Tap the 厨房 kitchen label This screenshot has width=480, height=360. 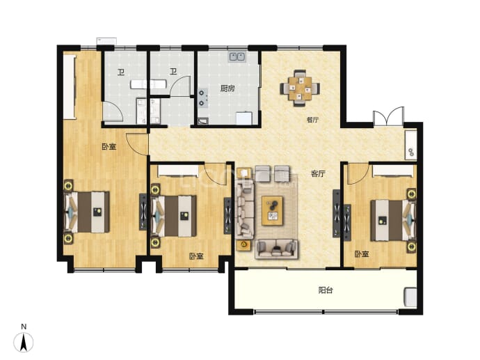[227, 89]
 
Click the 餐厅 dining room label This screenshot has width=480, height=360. [312, 120]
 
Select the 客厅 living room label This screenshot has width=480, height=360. [318, 174]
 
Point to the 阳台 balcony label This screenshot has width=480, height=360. [326, 290]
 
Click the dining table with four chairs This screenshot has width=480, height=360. [300, 88]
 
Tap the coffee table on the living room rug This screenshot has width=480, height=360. [272, 211]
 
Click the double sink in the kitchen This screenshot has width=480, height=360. [237, 56]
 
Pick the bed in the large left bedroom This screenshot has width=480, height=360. [87, 212]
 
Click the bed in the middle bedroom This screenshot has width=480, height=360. [174, 216]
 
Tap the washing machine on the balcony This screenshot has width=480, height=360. [410, 297]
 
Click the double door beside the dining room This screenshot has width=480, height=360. [388, 116]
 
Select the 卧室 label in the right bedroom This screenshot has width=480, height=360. [362, 254]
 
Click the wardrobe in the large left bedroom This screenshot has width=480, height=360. [70, 87]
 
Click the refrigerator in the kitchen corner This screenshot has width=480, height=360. [243, 118]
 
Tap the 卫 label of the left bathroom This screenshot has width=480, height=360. [121, 73]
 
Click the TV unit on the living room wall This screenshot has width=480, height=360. [337, 213]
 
